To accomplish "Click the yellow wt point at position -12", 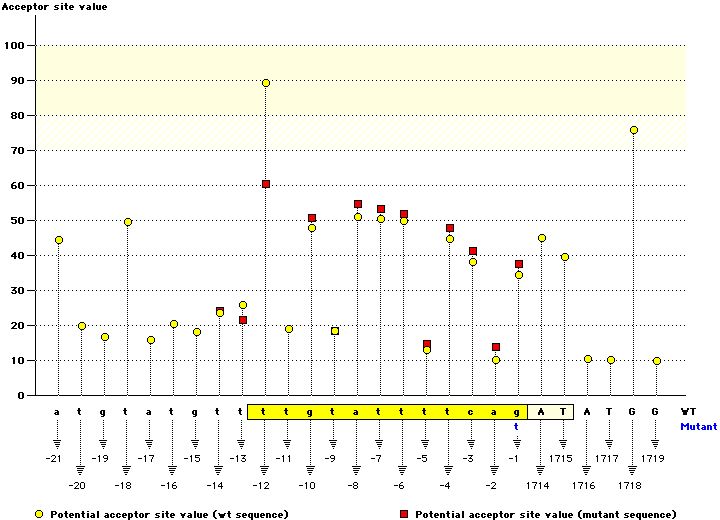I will pyautogui.click(x=266, y=83).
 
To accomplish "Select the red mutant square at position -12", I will pyautogui.click(x=266, y=184).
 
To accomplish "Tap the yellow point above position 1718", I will pyautogui.click(x=633, y=130).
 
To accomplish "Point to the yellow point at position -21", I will pyautogui.click(x=59, y=240).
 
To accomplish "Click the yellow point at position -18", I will pyautogui.click(x=128, y=222).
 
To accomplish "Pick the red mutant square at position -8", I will pyautogui.click(x=358, y=204).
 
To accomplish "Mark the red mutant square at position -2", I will pyautogui.click(x=496, y=347).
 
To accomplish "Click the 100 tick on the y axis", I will pyautogui.click(x=16, y=45).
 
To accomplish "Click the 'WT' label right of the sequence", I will pyautogui.click(x=688, y=411).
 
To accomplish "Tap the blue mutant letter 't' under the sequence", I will pyautogui.click(x=517, y=425).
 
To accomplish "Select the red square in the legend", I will pyautogui.click(x=405, y=513).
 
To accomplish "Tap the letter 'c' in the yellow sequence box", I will pyautogui.click(x=473, y=411).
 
